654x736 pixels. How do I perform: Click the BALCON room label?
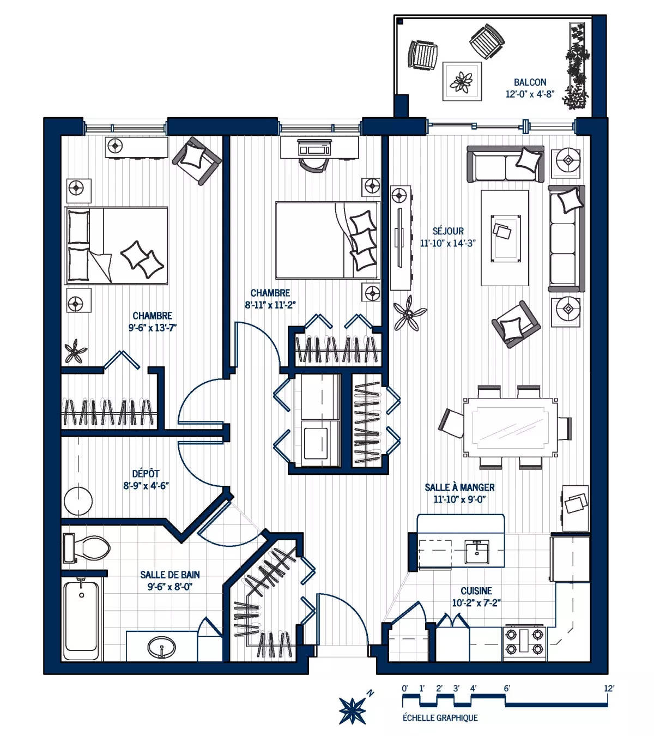[x=530, y=82]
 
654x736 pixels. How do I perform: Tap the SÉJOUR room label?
[x=448, y=231]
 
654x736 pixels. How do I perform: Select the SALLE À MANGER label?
[x=459, y=487]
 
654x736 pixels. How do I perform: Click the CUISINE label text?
[x=476, y=591]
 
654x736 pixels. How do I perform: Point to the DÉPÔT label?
[x=146, y=474]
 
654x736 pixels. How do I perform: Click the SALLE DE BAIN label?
[x=170, y=575]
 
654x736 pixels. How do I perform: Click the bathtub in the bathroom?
[x=82, y=620]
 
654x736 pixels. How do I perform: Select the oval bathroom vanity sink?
[x=162, y=648]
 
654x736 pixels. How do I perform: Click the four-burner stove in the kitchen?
[x=524, y=642]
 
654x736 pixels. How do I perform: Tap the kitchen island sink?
[x=477, y=552]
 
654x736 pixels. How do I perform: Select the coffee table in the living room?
[x=504, y=238]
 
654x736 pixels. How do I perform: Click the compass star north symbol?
[x=353, y=710]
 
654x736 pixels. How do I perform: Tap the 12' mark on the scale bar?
[x=608, y=689]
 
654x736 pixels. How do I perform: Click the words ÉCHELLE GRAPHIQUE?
[x=440, y=718]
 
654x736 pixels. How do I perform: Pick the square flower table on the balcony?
[x=462, y=81]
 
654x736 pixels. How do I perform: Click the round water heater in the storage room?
[x=78, y=500]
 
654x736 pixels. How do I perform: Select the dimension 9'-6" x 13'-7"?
[x=153, y=328]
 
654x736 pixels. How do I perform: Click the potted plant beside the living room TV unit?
[x=409, y=313]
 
